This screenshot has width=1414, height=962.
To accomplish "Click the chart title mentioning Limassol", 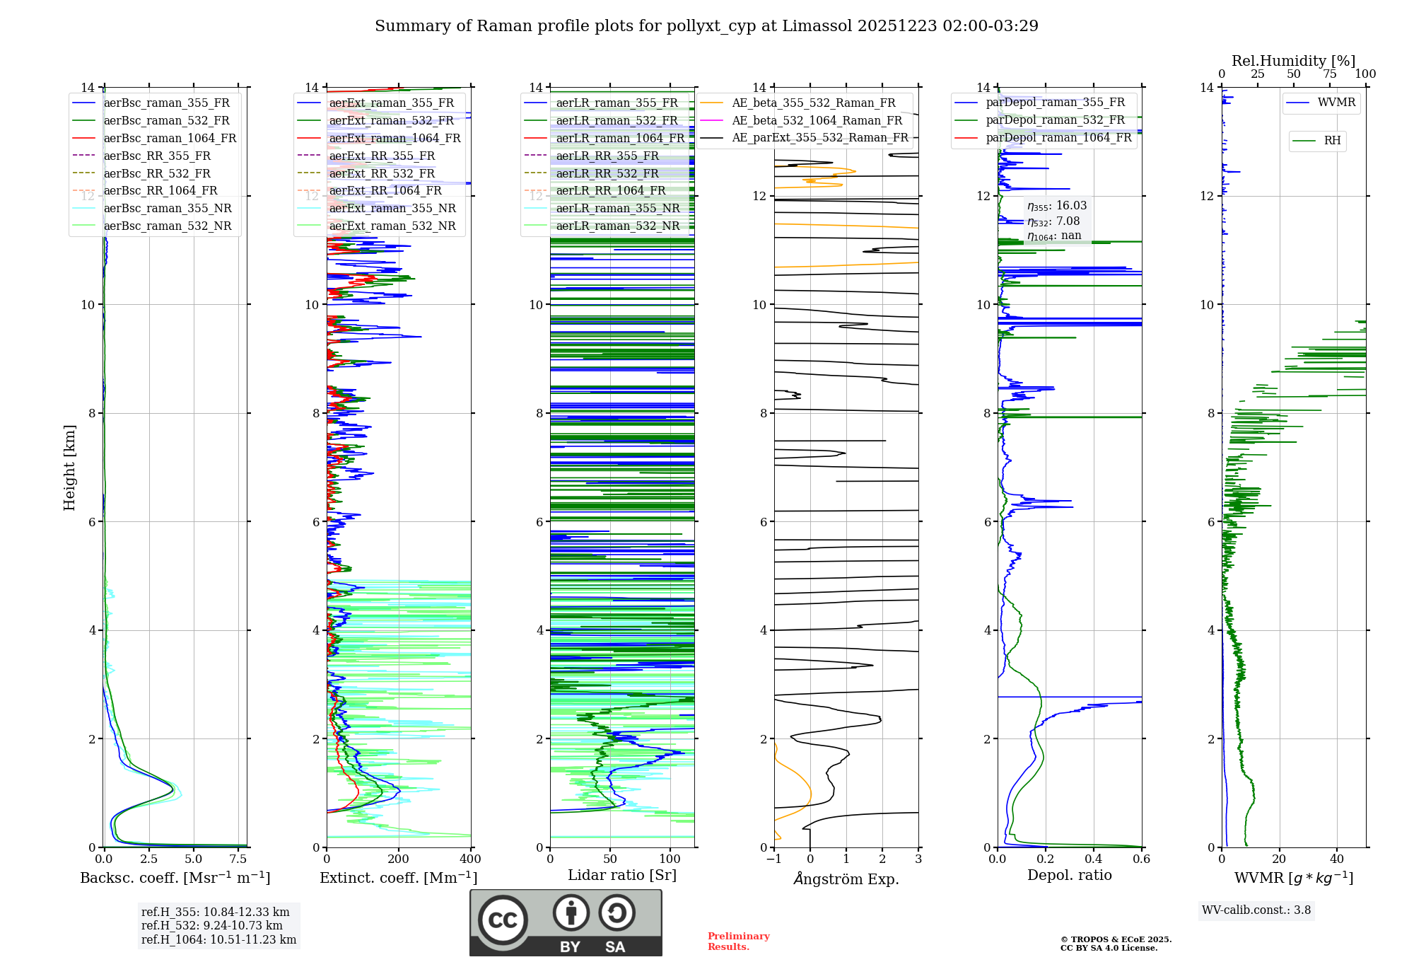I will [x=706, y=26].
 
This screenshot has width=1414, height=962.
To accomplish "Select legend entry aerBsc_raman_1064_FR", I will [x=170, y=138].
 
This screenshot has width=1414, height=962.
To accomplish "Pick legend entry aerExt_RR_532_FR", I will [x=382, y=173].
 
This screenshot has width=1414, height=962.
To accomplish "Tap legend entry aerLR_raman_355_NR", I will [x=617, y=208].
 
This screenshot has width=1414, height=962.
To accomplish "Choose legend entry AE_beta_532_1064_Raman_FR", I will [x=817, y=120].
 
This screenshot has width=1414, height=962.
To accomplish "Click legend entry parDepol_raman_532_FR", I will [x=1055, y=120].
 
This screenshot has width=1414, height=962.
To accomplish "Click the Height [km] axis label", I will [x=69, y=467].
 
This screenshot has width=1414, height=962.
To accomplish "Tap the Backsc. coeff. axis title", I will [x=175, y=878].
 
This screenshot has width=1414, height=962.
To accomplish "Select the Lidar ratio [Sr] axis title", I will [x=621, y=875].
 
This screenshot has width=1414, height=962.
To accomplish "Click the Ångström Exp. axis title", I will [x=846, y=879].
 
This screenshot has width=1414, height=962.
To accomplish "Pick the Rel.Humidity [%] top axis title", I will [x=1293, y=61].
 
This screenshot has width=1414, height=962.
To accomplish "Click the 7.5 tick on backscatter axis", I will [x=238, y=859].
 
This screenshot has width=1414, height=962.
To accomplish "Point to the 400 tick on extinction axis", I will [x=470, y=859].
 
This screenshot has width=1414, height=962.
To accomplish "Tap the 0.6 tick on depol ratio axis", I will [x=1141, y=859].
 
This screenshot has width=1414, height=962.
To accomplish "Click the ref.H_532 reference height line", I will [x=211, y=925].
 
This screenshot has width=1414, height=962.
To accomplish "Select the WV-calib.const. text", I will [x=1256, y=910].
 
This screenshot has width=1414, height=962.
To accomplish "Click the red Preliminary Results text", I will [x=738, y=941].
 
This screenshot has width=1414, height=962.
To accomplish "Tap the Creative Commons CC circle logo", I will [x=503, y=920].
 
